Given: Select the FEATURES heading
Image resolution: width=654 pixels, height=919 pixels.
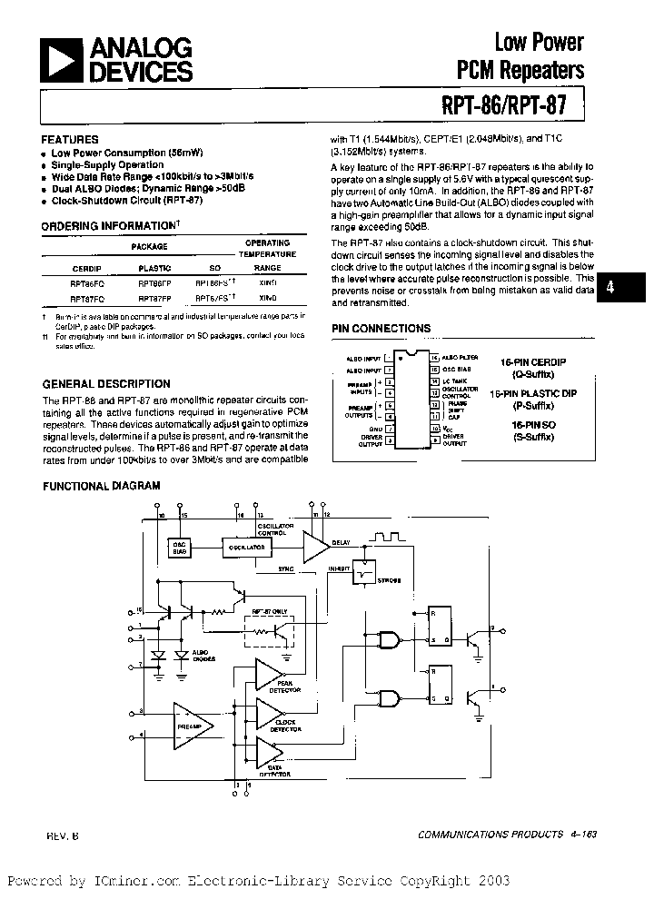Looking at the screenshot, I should coord(70,140).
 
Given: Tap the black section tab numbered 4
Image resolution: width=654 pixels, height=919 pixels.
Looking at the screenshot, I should coord(610,287).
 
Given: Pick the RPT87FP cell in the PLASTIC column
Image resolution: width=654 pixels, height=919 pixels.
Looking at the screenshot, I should coord(154,297).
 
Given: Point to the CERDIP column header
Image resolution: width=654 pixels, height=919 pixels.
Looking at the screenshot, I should coord(87,269).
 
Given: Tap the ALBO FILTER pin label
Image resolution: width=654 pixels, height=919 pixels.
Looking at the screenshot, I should coord(461,359).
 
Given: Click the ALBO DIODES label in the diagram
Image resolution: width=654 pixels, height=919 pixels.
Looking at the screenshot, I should coord(203,657).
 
